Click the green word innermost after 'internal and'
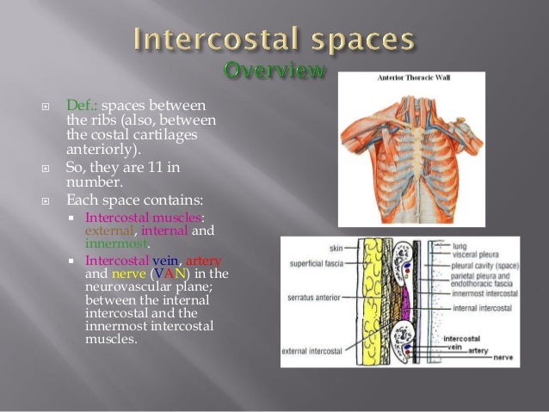(x=110, y=243)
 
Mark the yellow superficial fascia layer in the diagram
(x=368, y=301)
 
